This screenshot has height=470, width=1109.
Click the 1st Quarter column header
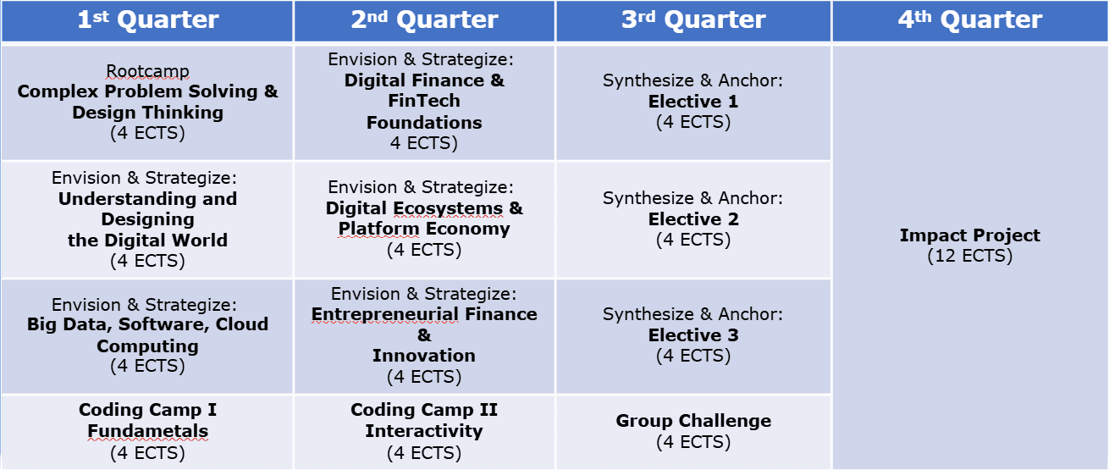pyautogui.click(x=148, y=20)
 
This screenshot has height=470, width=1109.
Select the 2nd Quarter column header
pyautogui.click(x=424, y=20)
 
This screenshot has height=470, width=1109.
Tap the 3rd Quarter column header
pyautogui.click(x=693, y=20)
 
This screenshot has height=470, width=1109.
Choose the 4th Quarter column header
pyautogui.click(x=970, y=20)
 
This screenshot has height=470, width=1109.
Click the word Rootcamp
pyautogui.click(x=147, y=71)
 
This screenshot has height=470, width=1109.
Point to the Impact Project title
pyautogui.click(x=970, y=235)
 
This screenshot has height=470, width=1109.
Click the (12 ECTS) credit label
pyautogui.click(x=970, y=256)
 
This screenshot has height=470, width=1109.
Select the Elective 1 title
pyautogui.click(x=693, y=102)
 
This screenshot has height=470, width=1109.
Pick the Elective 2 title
pyautogui.click(x=693, y=219)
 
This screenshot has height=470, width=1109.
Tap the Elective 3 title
pyautogui.click(x=693, y=335)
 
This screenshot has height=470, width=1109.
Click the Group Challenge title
pyautogui.click(x=693, y=421)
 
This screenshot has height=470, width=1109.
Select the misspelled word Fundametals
pyautogui.click(x=147, y=431)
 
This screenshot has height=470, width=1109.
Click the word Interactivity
pyautogui.click(x=424, y=431)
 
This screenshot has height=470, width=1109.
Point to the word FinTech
pyautogui.click(x=424, y=101)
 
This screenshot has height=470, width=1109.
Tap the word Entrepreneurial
pyautogui.click(x=385, y=314)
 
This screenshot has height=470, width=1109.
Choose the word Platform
pyautogui.click(x=378, y=229)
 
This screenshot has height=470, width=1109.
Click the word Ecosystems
pyautogui.click(x=448, y=208)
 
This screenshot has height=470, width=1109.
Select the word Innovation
pyautogui.click(x=424, y=356)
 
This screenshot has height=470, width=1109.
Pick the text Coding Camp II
pyautogui.click(x=424, y=410)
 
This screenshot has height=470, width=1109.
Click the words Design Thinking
pyautogui.click(x=147, y=113)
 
